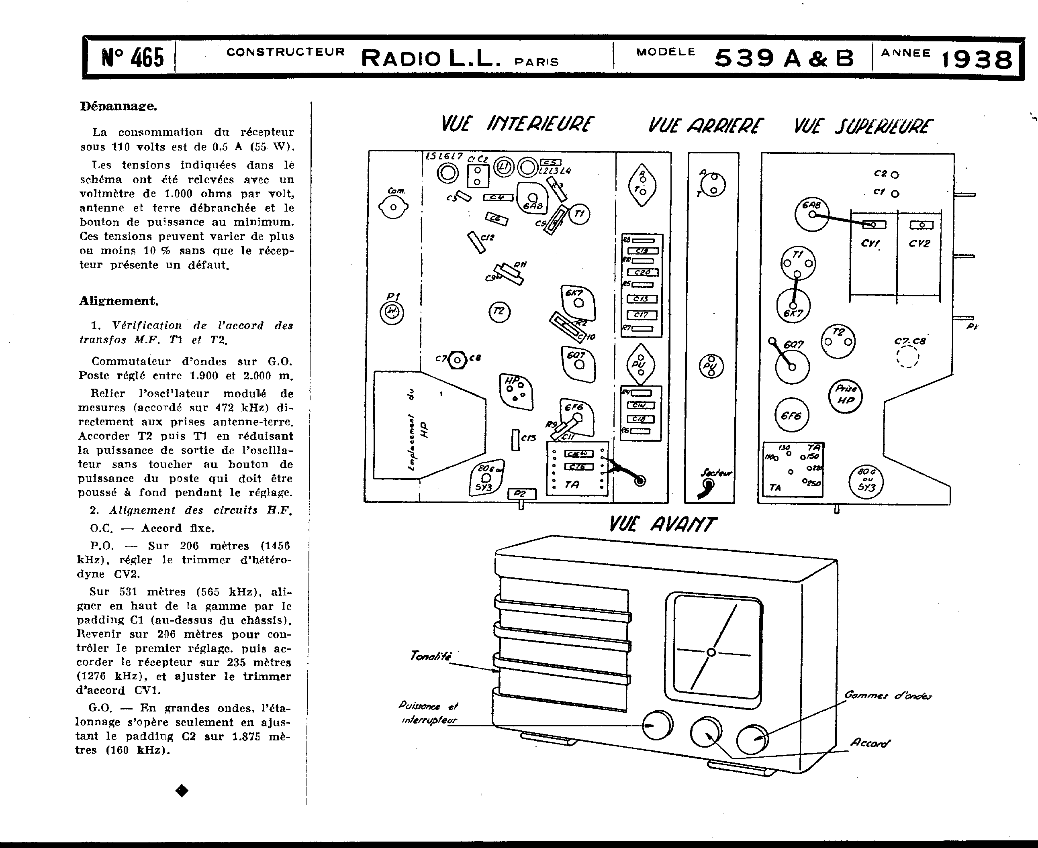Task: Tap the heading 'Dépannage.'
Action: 118,106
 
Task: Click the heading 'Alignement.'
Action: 119,301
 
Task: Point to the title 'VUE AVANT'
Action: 662,525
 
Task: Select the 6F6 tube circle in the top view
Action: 792,416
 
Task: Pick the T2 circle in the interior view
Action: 499,312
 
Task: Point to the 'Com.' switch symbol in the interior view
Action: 393,207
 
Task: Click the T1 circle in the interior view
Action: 579,214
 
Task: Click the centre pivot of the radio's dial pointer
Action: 711,652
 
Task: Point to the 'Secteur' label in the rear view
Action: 716,472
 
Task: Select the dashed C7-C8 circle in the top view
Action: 907,356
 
